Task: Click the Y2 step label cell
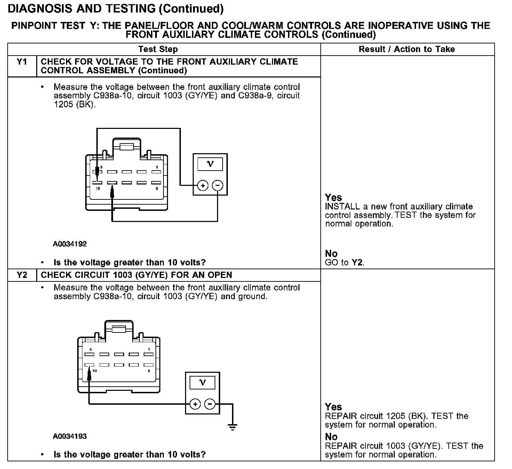tap(22, 275)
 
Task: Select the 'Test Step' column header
tap(158, 49)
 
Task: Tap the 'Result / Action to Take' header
tap(407, 49)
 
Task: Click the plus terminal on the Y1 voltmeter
tap(203, 186)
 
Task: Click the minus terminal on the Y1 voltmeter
tap(218, 186)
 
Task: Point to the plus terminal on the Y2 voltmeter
tap(195, 404)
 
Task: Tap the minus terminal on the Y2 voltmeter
tap(210, 404)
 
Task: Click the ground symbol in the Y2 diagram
tap(233, 427)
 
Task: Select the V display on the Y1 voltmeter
tap(210, 164)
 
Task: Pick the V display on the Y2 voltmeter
tap(202, 383)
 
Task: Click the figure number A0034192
tap(70, 244)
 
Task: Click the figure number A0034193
tap(70, 436)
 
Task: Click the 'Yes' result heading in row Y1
tap(333, 197)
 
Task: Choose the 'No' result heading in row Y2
tap(331, 437)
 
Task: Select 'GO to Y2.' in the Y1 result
tap(344, 263)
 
